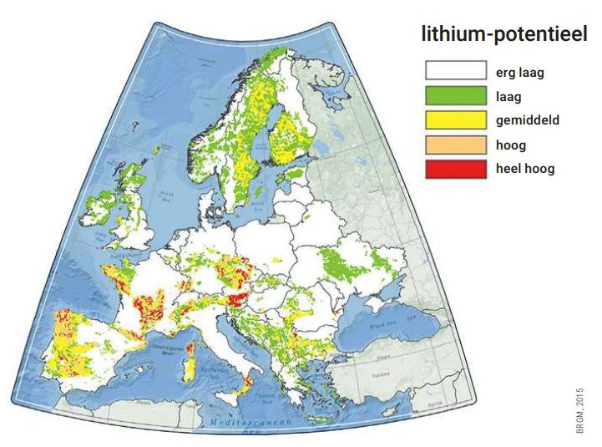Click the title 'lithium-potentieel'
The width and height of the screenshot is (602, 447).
coord(505,36)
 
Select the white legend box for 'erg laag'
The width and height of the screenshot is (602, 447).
coord(455,72)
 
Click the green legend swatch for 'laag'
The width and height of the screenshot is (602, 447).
coord(455,96)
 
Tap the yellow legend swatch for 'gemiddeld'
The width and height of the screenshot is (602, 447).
coord(455,120)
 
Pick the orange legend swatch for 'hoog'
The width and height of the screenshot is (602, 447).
coord(455,145)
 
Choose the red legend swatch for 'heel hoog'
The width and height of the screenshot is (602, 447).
coord(455,169)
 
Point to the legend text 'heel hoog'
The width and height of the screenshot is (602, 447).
coord(523,169)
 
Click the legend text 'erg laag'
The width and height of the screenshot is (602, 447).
coord(519,72)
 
